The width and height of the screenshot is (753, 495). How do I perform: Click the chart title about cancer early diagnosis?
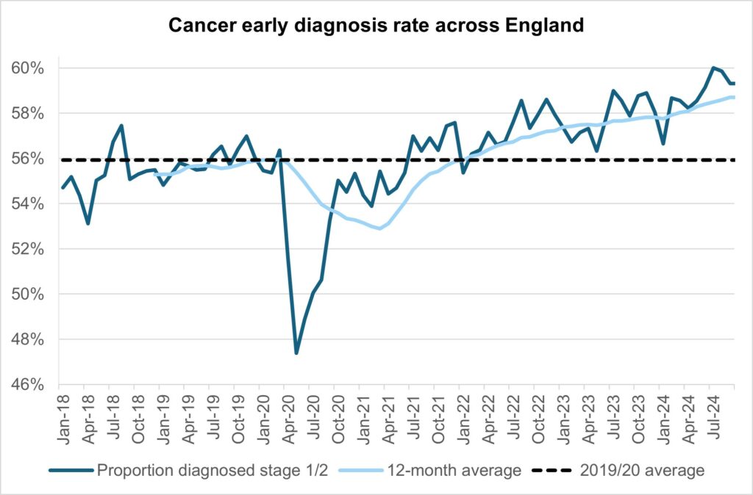point(376,25)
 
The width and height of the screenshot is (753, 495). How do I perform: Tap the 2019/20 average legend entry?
point(639,471)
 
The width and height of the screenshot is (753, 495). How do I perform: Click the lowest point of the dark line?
point(296,353)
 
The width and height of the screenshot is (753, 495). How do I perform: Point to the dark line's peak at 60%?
point(713,68)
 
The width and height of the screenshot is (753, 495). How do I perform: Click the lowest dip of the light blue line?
point(379,228)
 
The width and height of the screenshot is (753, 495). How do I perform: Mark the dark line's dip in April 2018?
point(88,223)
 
